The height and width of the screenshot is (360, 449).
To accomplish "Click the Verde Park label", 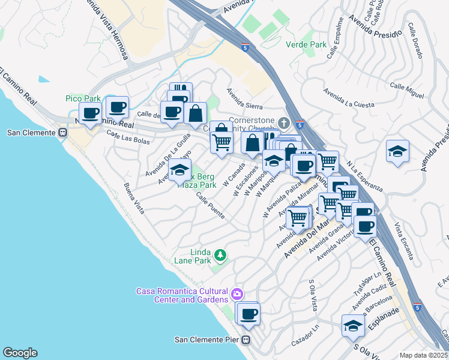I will tap(306, 44).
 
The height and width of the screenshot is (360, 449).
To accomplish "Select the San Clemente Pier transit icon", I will tap(246, 340).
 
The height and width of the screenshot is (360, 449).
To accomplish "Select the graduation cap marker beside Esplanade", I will tap(353, 326).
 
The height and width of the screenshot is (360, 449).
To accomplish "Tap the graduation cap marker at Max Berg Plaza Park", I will tap(179, 170).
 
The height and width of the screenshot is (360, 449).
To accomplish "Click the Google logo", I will tap(20, 353).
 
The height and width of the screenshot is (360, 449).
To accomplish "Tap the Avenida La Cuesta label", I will tap(348, 99).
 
